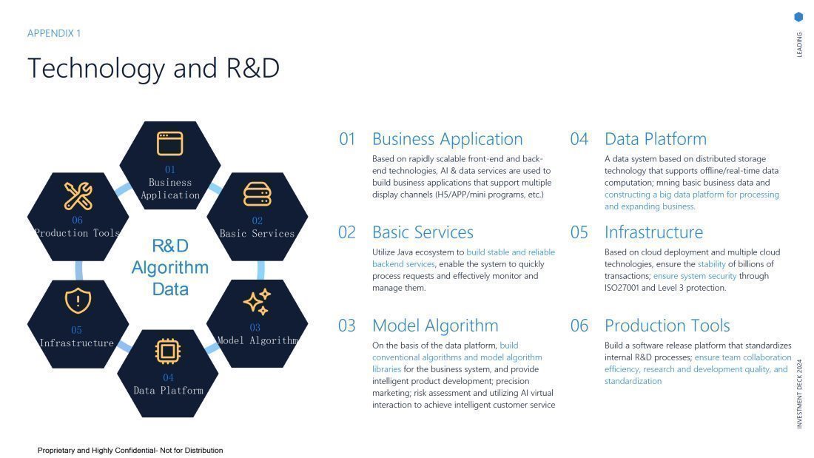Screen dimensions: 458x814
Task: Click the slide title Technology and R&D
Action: coord(153,68)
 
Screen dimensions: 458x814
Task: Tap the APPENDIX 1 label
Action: coord(54,33)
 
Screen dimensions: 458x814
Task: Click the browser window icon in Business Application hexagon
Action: coord(169,144)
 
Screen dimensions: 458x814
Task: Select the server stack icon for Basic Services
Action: coord(257,195)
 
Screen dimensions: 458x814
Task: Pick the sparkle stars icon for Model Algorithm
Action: coord(257,302)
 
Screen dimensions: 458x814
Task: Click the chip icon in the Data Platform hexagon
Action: coord(169,351)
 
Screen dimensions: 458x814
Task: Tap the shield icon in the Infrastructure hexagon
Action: coord(77,301)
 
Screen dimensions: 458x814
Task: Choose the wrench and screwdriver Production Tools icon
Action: coord(78,195)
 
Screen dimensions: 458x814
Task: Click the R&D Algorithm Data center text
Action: coord(169,267)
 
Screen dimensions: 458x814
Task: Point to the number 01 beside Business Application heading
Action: coord(347,139)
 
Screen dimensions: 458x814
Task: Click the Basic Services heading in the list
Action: coord(423,232)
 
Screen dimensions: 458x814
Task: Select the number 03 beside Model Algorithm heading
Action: coord(347,326)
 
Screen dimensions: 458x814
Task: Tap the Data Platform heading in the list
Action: coord(655,139)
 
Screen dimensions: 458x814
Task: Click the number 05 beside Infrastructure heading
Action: coord(579,232)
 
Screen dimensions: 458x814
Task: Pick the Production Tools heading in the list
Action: coord(667,326)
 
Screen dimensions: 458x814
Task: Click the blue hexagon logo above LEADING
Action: coord(798,17)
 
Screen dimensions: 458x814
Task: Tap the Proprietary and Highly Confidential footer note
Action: coord(130,450)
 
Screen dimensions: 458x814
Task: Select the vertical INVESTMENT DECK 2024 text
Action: coord(799,394)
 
